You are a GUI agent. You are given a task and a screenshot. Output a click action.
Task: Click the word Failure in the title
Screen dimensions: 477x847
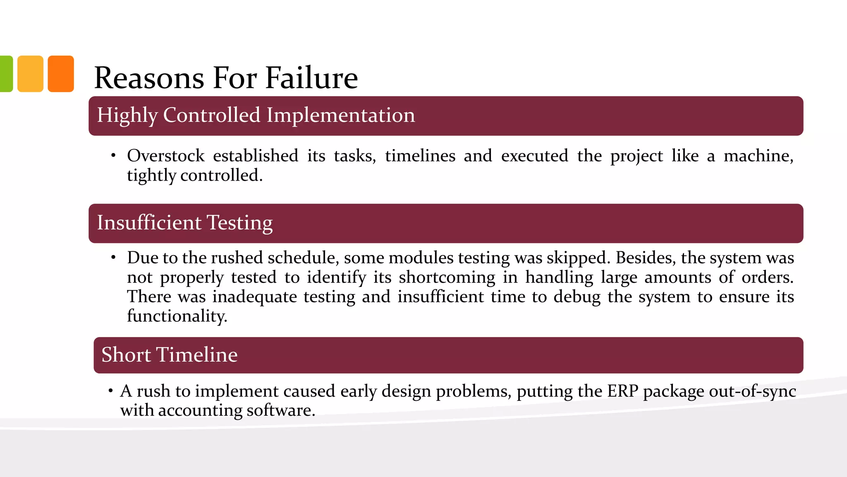311,78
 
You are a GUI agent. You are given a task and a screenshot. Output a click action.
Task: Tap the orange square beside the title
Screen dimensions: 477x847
61,74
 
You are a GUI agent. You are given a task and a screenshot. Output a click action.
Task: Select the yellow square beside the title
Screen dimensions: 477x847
30,74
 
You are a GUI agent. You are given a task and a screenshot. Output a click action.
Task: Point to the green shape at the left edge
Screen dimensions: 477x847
6,74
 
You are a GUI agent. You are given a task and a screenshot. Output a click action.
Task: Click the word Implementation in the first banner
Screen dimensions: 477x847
340,115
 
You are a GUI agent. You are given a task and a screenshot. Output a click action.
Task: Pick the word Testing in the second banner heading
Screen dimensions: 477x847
239,223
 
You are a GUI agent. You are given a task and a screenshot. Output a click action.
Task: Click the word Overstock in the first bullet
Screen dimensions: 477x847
165,156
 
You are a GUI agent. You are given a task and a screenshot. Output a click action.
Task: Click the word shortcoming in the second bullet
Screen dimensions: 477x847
447,277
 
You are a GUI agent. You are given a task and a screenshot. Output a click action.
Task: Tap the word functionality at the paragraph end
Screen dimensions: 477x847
177,316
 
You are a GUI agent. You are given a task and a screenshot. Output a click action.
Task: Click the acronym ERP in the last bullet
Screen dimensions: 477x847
622,391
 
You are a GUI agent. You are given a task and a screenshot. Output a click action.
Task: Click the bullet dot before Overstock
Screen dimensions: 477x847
113,156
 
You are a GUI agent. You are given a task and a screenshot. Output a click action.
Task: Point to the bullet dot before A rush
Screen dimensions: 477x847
111,391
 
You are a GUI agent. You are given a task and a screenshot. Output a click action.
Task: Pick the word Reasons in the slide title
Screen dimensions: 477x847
149,78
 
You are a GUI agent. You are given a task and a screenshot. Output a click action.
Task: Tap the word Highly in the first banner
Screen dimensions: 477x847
127,115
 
